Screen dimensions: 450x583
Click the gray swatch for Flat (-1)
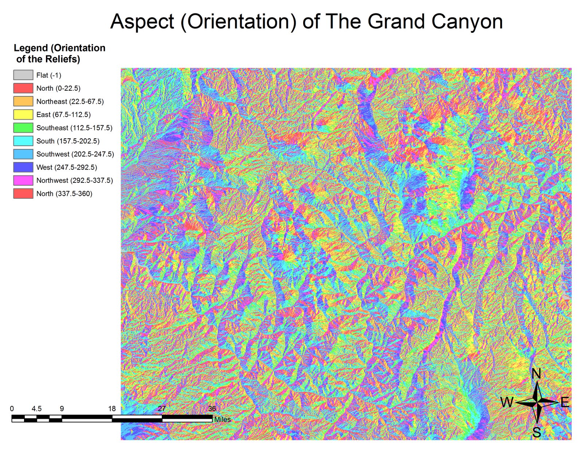pyautogui.click(x=23, y=75)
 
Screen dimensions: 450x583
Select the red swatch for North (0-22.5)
pyautogui.click(x=23, y=88)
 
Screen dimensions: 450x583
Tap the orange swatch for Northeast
pyautogui.click(x=23, y=101)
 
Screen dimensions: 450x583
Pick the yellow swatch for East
pyautogui.click(x=23, y=114)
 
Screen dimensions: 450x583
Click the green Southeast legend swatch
pyautogui.click(x=23, y=128)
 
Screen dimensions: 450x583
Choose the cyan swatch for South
pyautogui.click(x=23, y=141)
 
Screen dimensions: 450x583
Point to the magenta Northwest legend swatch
pyautogui.click(x=23, y=180)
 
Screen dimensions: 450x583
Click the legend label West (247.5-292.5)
pyautogui.click(x=67, y=167)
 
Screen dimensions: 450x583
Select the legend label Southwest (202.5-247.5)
pyautogui.click(x=75, y=154)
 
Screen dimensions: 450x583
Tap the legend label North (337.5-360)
pyautogui.click(x=64, y=193)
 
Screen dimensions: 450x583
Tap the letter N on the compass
pyautogui.click(x=536, y=374)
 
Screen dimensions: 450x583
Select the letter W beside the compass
pyautogui.click(x=506, y=402)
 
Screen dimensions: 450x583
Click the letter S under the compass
pyautogui.click(x=537, y=432)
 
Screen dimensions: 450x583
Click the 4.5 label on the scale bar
pyautogui.click(x=36, y=408)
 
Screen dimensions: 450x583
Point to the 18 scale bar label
pyautogui.click(x=112, y=408)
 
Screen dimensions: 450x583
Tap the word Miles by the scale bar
pyautogui.click(x=222, y=419)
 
